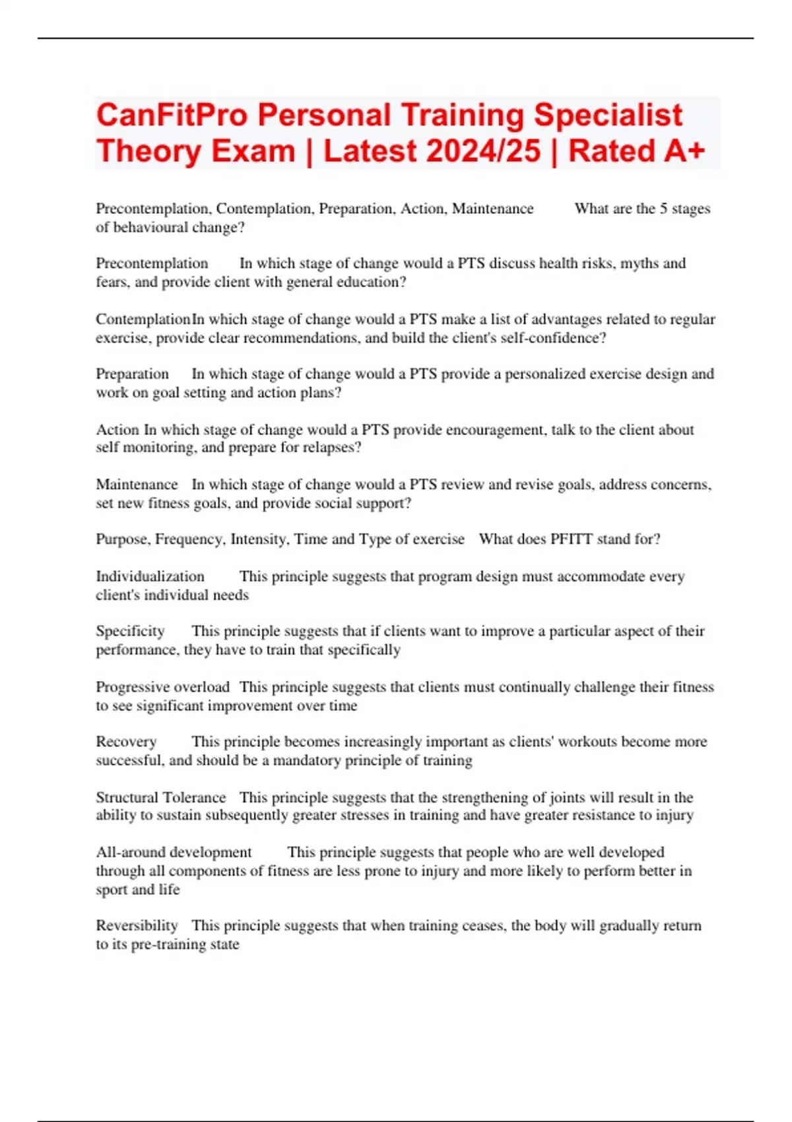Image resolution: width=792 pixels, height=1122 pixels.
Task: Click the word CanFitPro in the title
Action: tap(172, 115)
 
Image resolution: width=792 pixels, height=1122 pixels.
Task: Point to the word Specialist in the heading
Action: tap(608, 115)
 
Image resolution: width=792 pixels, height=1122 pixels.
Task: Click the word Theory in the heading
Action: tap(148, 151)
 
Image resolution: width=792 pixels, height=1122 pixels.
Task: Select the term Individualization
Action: tap(150, 576)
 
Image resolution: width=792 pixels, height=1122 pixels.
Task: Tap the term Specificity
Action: tap(130, 631)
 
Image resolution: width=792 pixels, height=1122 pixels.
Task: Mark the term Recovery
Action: tap(126, 741)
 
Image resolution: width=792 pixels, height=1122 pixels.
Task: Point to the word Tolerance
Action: tap(195, 797)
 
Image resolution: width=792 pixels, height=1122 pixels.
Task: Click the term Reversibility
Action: tap(137, 925)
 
